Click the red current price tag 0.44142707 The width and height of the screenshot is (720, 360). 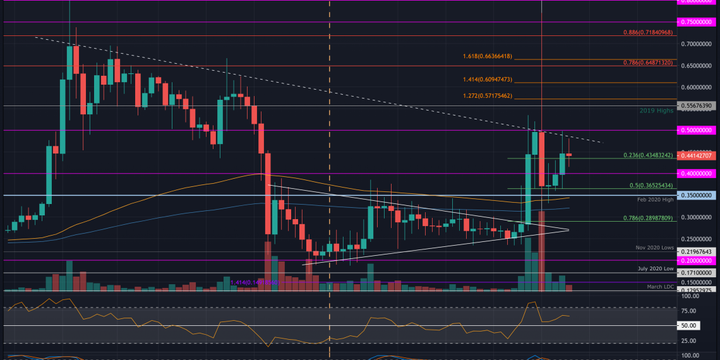[698, 155]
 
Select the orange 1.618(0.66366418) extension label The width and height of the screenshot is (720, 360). [640, 56]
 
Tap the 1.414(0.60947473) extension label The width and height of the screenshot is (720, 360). [640, 80]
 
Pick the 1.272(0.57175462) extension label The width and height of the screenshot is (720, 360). [640, 96]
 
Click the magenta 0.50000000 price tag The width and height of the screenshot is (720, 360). [698, 130]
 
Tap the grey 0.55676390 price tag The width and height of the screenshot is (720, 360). [698, 105]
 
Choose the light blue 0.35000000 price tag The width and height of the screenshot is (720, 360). [698, 196]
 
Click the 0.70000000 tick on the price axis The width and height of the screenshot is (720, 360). [698, 44]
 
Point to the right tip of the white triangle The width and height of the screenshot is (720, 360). [569, 229]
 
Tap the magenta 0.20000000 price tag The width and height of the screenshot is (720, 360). [698, 260]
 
